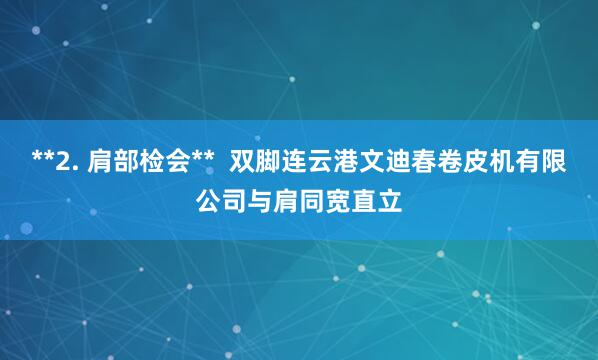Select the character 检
(x=146, y=162)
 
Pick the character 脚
(x=268, y=162)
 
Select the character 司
(x=235, y=203)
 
